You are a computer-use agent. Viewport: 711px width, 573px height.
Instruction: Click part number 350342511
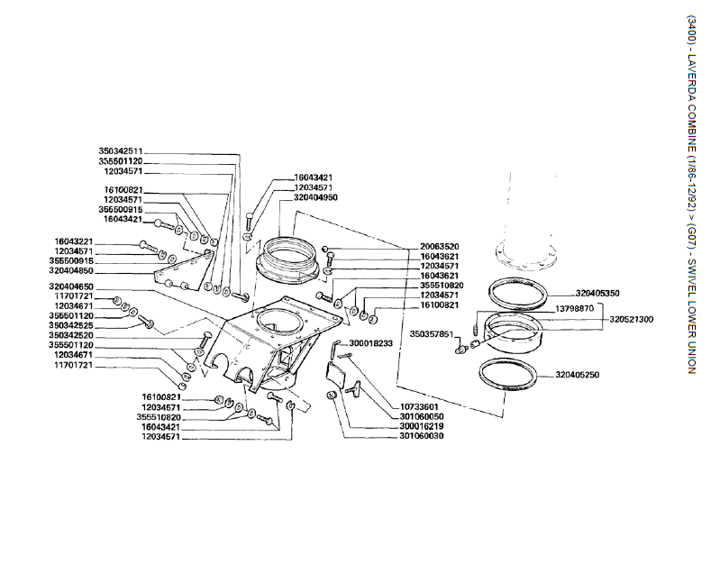pyautogui.click(x=121, y=151)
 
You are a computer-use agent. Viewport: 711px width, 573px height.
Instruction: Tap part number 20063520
pyautogui.click(x=439, y=247)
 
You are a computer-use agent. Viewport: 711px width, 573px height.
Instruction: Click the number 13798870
pyautogui.click(x=574, y=308)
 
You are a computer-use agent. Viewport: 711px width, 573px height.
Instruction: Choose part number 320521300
pyautogui.click(x=631, y=319)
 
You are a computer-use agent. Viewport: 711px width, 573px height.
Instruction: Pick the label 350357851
pyautogui.click(x=432, y=333)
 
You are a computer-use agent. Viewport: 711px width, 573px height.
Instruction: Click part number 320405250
pyautogui.click(x=578, y=374)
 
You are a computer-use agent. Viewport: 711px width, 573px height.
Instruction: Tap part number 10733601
pyautogui.click(x=417, y=406)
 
